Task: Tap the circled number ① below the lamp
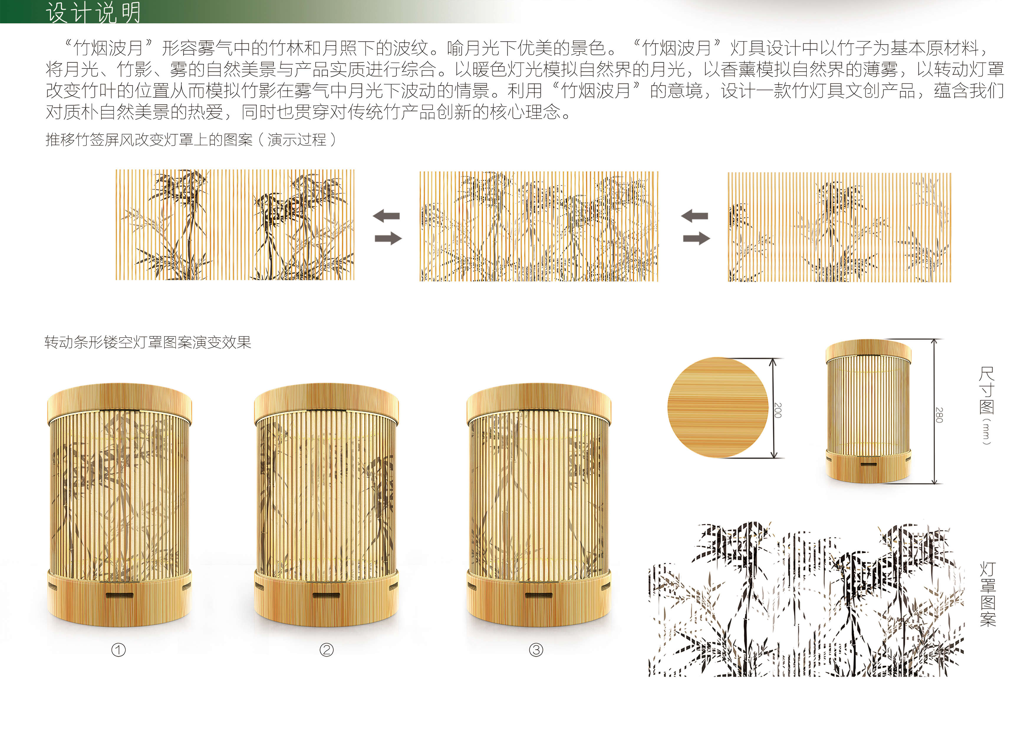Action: (x=118, y=650)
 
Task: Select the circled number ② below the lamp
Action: (x=327, y=650)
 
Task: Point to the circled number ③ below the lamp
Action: (x=536, y=650)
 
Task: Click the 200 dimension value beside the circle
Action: (x=778, y=410)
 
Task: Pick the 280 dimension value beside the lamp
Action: (x=939, y=415)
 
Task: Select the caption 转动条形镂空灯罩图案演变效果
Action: (x=148, y=342)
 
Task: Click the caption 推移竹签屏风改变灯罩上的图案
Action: (x=149, y=140)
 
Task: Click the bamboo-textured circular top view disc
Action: (x=717, y=407)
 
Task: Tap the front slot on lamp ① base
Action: (x=119, y=595)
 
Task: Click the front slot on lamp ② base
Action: (x=326, y=595)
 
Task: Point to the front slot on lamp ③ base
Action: (x=539, y=595)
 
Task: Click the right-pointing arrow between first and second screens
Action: (x=388, y=238)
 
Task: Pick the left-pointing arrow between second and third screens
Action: (x=695, y=216)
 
